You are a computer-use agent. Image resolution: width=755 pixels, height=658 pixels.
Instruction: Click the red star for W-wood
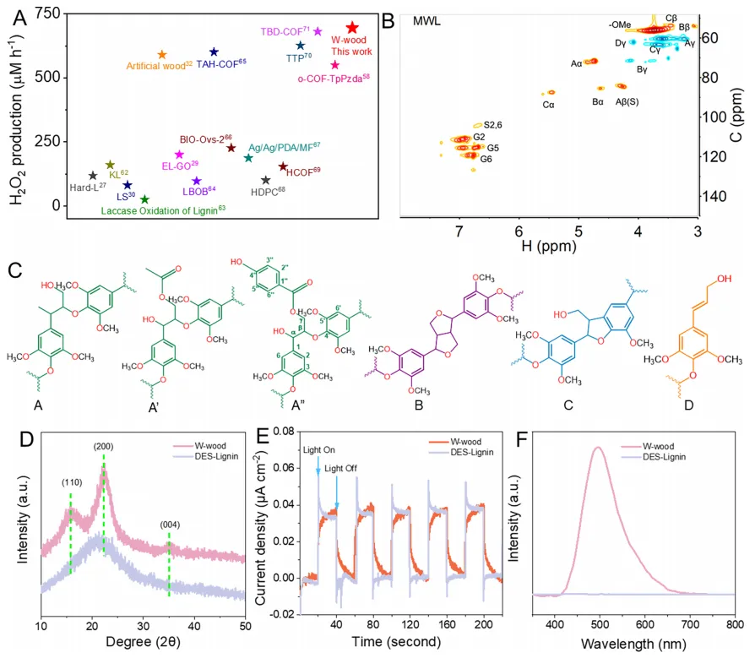tap(352, 29)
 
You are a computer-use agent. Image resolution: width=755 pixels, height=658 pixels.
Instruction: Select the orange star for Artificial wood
tap(162, 54)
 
